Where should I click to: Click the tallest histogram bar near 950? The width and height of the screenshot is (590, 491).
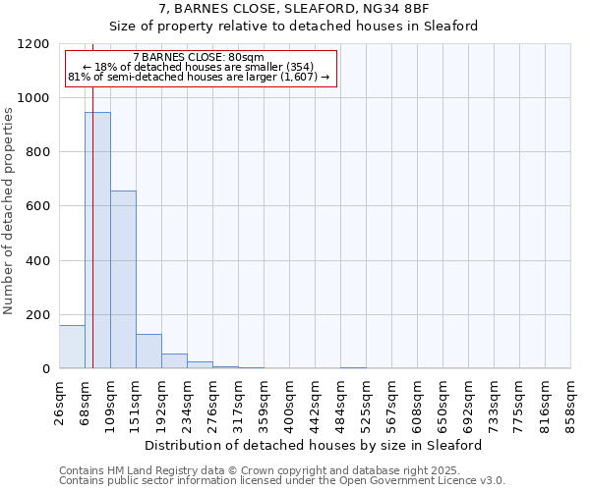(x=97, y=241)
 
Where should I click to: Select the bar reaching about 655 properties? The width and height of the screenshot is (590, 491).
(x=123, y=280)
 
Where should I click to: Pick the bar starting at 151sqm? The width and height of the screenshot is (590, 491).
(x=148, y=352)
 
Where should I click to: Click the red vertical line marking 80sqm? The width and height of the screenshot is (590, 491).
(x=92, y=226)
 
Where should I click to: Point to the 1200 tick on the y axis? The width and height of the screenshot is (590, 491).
(x=36, y=44)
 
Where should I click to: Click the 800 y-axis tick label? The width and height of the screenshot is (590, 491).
(x=36, y=152)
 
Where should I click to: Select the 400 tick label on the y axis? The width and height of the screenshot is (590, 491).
(x=36, y=260)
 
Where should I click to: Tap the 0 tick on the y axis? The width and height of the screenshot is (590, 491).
(x=45, y=369)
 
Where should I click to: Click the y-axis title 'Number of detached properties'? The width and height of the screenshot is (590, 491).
(x=10, y=211)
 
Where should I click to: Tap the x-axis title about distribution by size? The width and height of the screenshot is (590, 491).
(x=314, y=445)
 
